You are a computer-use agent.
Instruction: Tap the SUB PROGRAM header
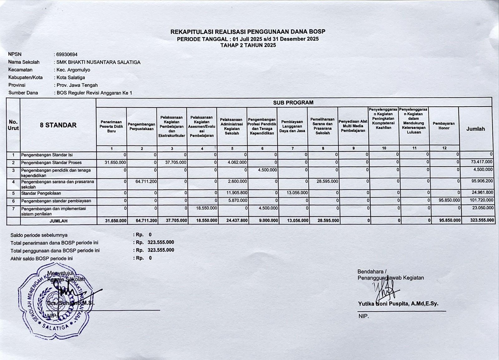293,103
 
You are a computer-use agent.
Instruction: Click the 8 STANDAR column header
58,125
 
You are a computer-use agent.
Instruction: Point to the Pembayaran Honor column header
444,126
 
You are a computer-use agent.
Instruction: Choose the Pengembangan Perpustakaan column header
142,127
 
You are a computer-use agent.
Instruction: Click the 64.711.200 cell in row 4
146,181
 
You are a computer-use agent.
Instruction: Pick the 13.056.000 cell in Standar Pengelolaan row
297,193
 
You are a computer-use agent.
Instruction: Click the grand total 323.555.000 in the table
482,220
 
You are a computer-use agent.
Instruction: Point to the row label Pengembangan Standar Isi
47,155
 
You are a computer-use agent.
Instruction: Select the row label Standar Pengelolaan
41,193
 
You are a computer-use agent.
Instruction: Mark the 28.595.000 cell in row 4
327,181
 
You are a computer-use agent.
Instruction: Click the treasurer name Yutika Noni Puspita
398,304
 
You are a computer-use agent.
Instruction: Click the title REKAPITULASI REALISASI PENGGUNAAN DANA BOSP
248,32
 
